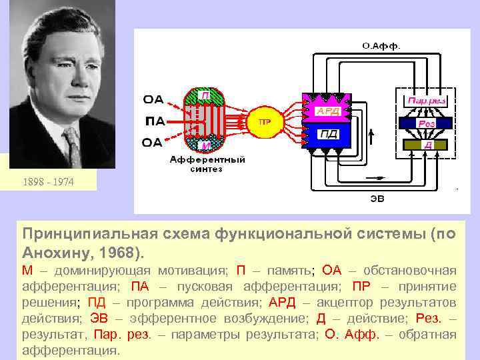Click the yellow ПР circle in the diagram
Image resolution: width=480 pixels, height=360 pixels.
[x=265, y=122]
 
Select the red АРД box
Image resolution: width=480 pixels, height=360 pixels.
[x=328, y=111]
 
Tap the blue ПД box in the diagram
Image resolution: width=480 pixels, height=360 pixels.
[x=328, y=135]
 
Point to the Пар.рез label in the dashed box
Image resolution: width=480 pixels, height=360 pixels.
[x=426, y=100]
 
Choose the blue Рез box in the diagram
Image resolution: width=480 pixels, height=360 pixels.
[x=427, y=123]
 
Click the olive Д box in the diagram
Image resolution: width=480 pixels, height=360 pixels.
[x=427, y=144]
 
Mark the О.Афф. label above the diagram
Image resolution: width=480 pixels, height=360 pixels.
[x=381, y=46]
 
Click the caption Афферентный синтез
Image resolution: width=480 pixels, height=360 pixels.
[x=207, y=164]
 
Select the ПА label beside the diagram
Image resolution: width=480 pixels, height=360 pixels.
[x=153, y=121]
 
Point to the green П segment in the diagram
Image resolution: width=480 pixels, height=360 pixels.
[x=207, y=95]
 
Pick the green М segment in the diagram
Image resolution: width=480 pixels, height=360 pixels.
[x=207, y=145]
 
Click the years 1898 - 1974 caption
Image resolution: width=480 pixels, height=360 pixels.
[x=47, y=181]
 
